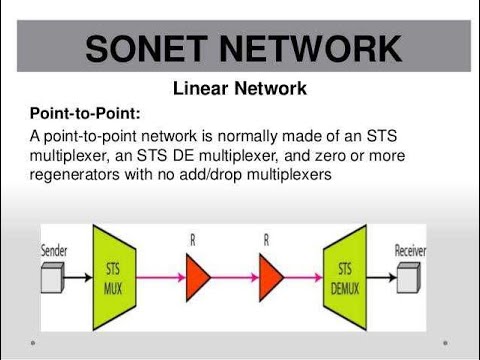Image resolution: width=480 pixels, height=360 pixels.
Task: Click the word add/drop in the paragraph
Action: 230,174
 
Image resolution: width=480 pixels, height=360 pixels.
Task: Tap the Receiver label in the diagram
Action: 417,249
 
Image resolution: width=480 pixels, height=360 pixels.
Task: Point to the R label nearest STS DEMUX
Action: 267,241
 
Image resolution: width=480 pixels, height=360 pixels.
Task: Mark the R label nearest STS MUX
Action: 191,241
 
